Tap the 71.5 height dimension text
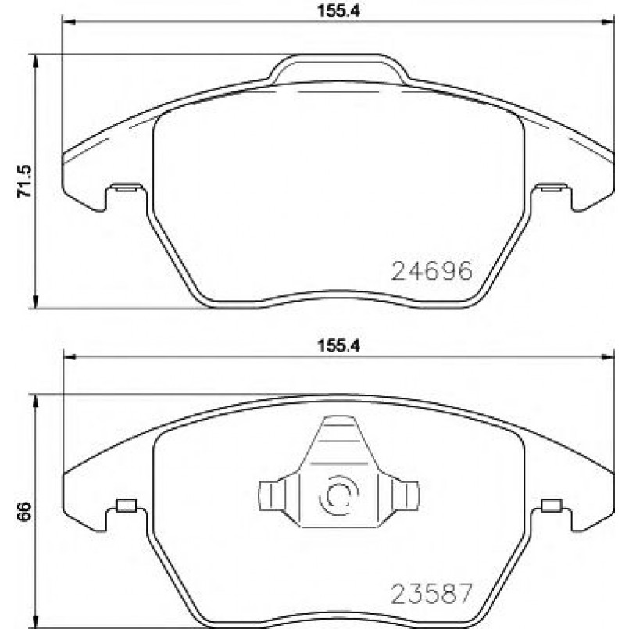(x=23, y=181)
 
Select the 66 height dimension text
(x=23, y=512)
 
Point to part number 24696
(x=432, y=270)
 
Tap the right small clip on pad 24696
(x=553, y=188)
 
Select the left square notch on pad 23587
(x=124, y=505)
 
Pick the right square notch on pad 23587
(x=551, y=505)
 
